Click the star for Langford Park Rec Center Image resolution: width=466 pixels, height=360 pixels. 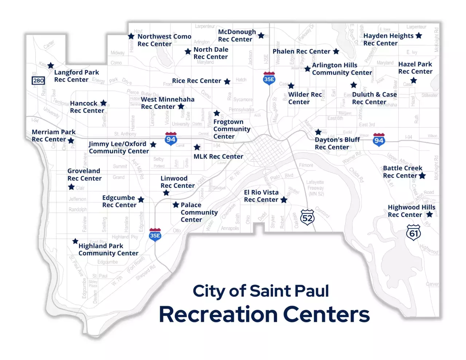click(x=51, y=66)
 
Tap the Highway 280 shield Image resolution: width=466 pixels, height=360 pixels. click(x=39, y=80)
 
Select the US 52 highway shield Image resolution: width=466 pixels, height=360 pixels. click(x=307, y=218)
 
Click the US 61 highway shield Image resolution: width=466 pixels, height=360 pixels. click(x=414, y=233)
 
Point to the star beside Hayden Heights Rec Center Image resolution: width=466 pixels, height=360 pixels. click(x=419, y=36)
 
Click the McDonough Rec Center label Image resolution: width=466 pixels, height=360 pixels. click(x=237, y=36)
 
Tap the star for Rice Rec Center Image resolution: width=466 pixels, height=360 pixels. click(x=227, y=82)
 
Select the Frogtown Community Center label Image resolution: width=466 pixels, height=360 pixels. click(x=232, y=129)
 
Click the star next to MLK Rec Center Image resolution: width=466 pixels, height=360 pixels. click(x=197, y=147)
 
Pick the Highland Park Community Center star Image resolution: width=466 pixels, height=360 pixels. click(x=75, y=241)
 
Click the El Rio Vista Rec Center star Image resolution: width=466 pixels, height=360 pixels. click(x=284, y=200)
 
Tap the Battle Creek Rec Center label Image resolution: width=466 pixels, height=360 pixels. click(x=402, y=172)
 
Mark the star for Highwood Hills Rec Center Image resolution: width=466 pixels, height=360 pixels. click(x=430, y=214)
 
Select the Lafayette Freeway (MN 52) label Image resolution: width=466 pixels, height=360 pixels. click(x=315, y=188)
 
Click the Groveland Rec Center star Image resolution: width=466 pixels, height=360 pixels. click(x=71, y=187)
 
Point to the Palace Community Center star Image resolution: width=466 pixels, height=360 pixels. click(x=176, y=205)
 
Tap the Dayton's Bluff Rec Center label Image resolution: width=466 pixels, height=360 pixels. click(x=337, y=143)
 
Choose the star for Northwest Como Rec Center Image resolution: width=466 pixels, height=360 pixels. click(x=131, y=36)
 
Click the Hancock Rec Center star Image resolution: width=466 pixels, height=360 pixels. click(x=103, y=103)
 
